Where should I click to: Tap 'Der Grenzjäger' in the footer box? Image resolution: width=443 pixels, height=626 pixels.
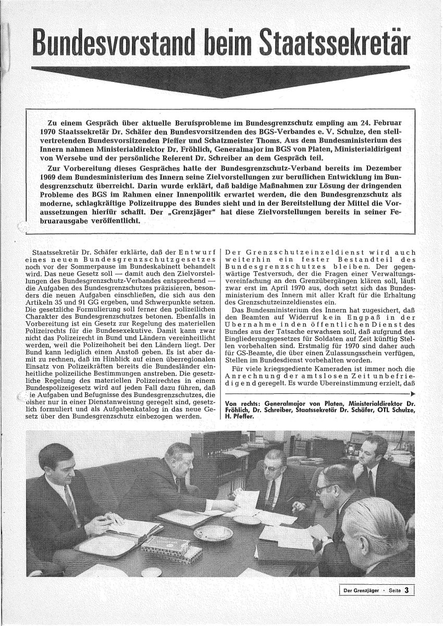(359, 591)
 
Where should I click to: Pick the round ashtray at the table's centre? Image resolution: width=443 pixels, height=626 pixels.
(213, 532)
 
